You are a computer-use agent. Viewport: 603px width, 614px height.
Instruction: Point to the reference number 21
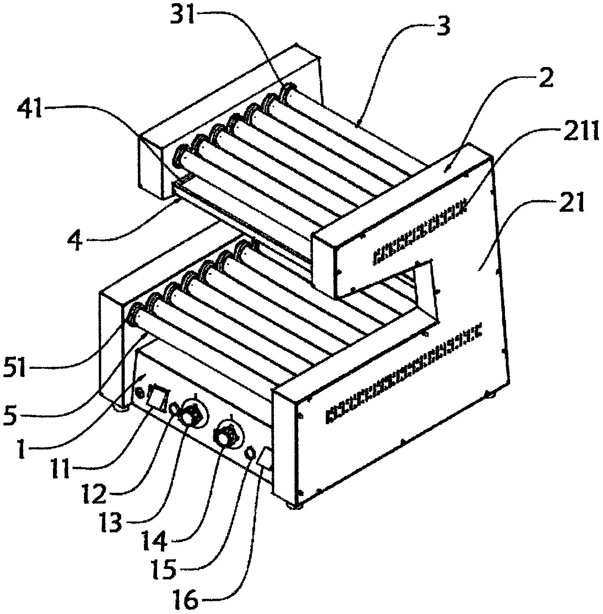coord(570,203)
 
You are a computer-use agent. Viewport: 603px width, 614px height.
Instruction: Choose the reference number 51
coord(16,368)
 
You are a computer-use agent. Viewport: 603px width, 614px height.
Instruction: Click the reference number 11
coord(61,469)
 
